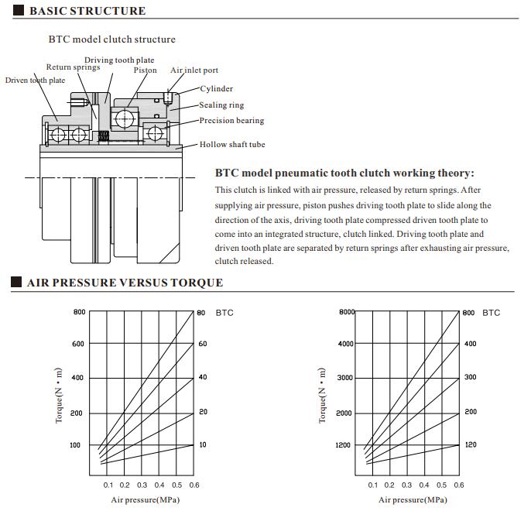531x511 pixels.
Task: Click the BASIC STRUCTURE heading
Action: (87, 11)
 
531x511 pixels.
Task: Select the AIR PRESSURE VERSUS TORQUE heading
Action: (125, 283)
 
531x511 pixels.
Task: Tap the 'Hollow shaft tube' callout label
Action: (232, 145)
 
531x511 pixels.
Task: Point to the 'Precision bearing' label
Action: (231, 121)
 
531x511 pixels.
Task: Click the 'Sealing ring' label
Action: (221, 105)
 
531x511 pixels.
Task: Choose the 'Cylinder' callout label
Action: (216, 89)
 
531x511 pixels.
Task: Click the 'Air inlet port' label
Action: (194, 70)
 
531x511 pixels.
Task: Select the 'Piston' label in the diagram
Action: (145, 70)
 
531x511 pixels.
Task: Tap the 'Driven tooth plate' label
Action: (35, 80)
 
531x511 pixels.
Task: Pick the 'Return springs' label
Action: (73, 67)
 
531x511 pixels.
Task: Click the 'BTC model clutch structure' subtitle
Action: (112, 39)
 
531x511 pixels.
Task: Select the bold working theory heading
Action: (344, 173)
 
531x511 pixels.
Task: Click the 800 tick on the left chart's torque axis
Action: (79, 312)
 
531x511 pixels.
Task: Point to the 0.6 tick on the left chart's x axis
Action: (194, 485)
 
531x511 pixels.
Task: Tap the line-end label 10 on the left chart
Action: (203, 445)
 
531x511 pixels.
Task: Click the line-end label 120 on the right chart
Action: (470, 445)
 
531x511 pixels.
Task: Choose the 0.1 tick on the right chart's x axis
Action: (372, 485)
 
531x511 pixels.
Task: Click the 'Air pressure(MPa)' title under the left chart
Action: (145, 500)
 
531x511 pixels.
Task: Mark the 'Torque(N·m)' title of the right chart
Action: (322, 396)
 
